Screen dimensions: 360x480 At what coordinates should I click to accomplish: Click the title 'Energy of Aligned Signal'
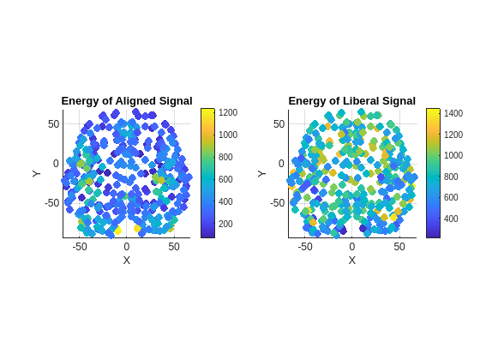[x=127, y=101]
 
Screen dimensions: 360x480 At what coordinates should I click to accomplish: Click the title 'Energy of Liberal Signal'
[x=351, y=101]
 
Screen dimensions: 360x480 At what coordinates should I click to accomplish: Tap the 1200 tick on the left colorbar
[x=227, y=112]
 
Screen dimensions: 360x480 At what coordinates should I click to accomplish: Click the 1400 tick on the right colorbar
[x=453, y=113]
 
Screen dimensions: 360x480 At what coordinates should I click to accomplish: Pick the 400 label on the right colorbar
[x=453, y=219]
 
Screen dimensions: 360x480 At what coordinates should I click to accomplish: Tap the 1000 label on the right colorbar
[x=453, y=155]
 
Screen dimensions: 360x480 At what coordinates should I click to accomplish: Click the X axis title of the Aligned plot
[x=127, y=260]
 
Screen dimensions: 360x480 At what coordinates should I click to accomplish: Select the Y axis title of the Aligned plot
[x=37, y=173]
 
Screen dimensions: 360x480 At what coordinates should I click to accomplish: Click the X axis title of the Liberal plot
[x=351, y=260]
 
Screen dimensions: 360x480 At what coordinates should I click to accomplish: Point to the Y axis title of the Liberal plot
[x=262, y=173]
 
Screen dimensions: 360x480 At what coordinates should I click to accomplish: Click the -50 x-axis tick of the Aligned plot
[x=80, y=247]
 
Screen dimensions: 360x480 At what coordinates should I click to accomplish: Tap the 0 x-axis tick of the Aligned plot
[x=127, y=247]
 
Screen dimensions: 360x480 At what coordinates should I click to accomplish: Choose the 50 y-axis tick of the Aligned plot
[x=53, y=124]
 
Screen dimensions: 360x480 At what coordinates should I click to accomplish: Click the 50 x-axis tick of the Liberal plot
[x=399, y=247]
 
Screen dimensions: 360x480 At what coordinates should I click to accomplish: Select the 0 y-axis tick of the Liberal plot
[x=281, y=164]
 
